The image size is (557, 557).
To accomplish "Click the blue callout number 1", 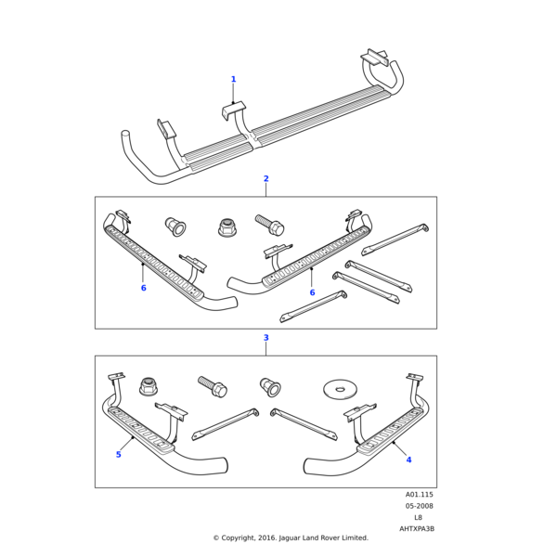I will coord(233,79).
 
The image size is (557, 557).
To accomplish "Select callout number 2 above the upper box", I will coord(266,178).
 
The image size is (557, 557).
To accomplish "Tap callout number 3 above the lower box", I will coord(266,338).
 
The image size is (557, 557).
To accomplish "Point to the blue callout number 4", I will coord(408,460).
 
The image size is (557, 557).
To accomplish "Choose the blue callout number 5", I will coord(118,454).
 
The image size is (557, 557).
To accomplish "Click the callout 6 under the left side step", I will coord(143,288).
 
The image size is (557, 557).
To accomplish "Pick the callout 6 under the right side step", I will coord(312,292).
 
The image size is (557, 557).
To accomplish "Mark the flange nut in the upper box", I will coord(226,226).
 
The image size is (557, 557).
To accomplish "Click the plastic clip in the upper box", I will coord(174,225).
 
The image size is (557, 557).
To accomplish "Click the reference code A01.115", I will coord(419,495).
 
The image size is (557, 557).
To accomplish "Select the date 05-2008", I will coord(419,506).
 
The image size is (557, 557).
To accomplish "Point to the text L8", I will coord(418,517).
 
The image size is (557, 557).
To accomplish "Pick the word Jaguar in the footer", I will coord(295,538).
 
